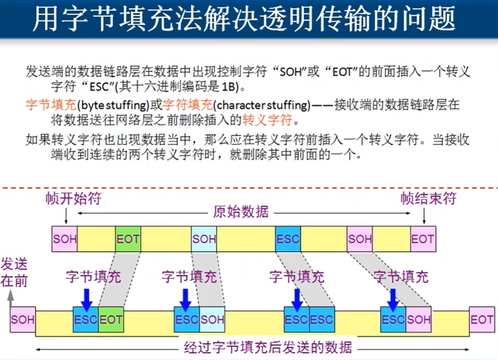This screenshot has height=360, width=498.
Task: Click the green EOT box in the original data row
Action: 128,239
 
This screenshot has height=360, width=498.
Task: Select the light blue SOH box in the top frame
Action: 204,239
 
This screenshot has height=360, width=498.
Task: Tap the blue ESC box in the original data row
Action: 288,239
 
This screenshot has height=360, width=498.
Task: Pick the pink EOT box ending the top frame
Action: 422,239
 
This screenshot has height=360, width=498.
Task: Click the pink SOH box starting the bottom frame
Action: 23,319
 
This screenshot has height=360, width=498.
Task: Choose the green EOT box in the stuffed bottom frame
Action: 111,319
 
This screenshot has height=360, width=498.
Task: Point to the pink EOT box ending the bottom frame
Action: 482,319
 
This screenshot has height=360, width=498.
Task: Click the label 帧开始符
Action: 73,198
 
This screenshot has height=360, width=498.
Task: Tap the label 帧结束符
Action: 428,198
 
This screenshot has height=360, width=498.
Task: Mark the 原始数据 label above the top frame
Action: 241,212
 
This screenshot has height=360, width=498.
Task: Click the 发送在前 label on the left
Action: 14,273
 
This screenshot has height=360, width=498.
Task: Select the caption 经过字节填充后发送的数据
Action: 268,348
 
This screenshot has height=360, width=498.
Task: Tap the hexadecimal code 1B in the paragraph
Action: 227,86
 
